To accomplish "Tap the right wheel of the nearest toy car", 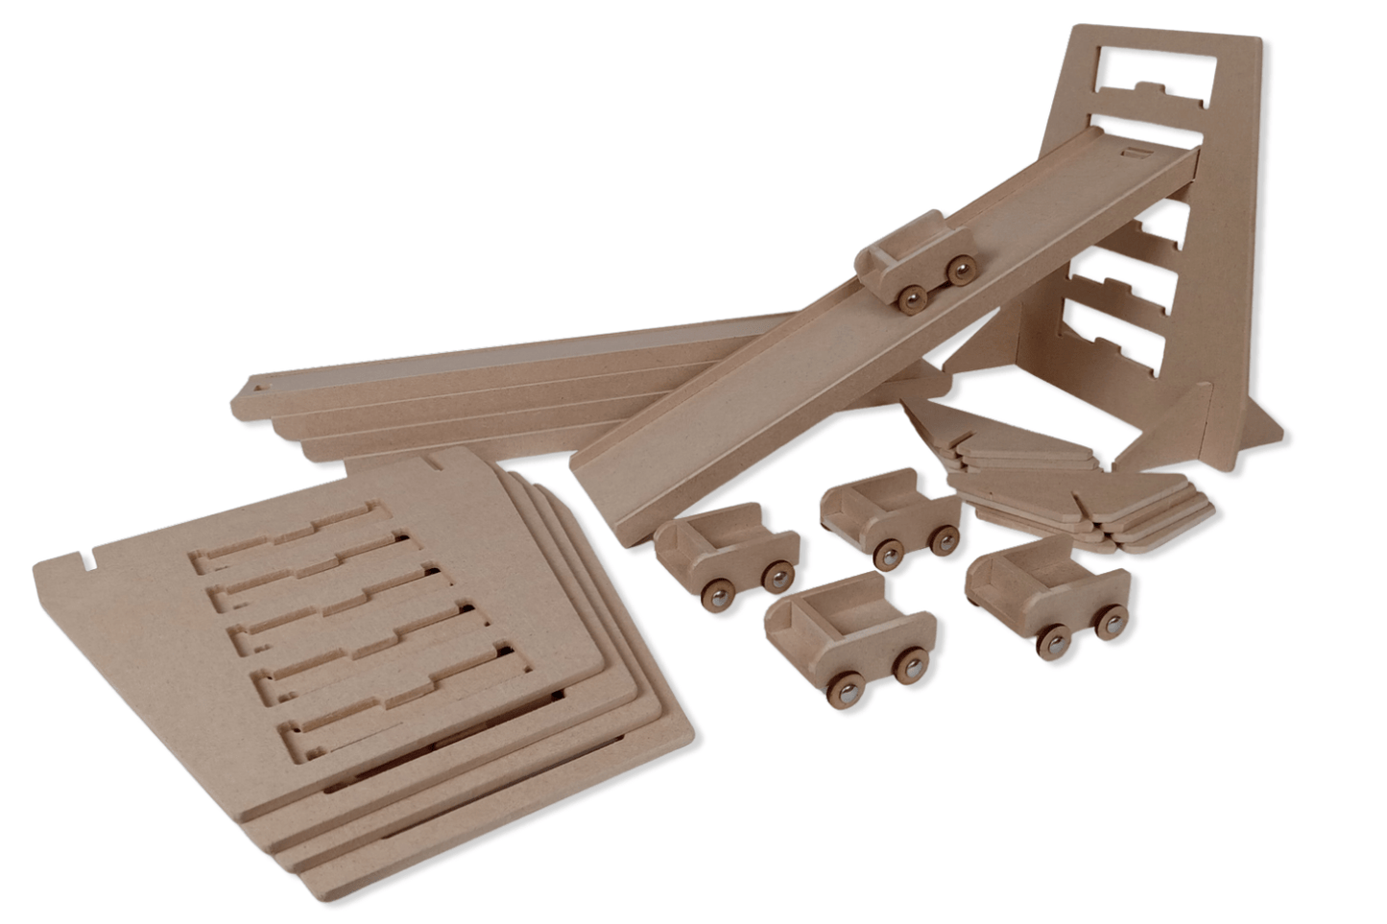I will coord(909,663).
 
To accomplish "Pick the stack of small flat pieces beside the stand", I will coord(1075,480).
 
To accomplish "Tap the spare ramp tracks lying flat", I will coord(480,384).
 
